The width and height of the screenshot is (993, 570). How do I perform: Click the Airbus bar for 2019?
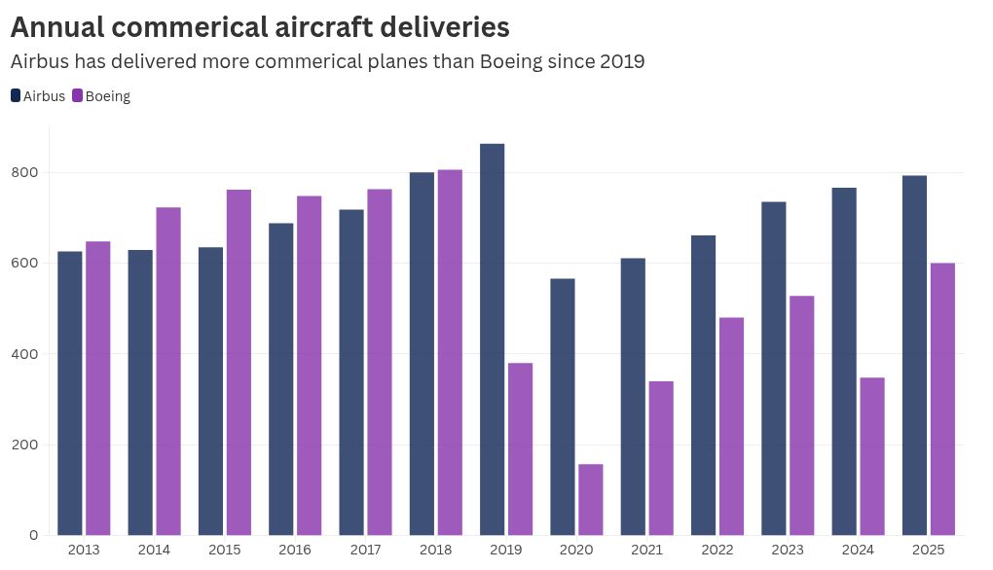pos(493,339)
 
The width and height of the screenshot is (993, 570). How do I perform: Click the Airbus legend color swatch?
pos(16,95)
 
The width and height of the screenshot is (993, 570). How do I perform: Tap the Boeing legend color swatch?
pos(78,95)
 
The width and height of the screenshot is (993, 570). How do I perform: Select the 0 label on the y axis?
pos(34,535)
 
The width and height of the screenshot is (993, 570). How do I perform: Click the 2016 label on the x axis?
pos(295,551)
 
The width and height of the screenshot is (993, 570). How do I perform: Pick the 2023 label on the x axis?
pos(788,551)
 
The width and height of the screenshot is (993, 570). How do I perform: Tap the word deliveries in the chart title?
pos(435,26)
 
